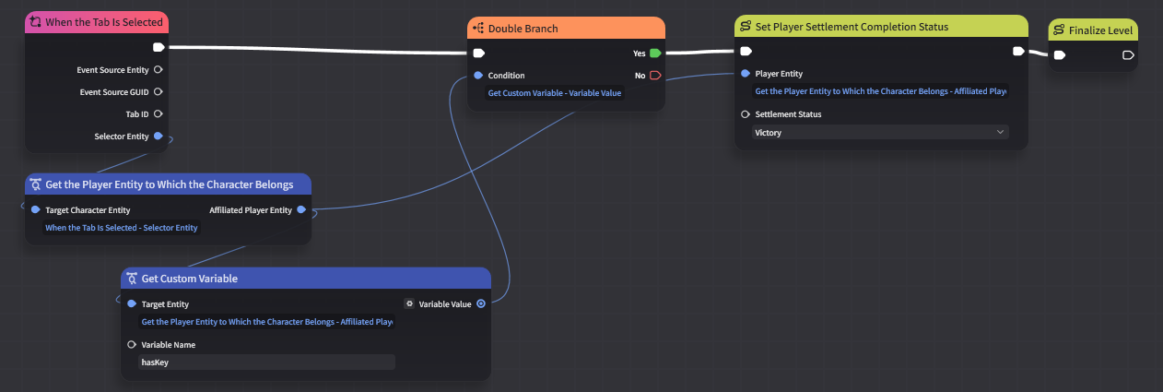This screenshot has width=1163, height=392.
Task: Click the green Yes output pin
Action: [x=655, y=53]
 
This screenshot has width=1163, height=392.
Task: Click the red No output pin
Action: [x=655, y=76]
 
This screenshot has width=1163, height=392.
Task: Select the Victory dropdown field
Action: [x=880, y=133]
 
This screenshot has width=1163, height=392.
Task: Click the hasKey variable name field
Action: [x=267, y=362]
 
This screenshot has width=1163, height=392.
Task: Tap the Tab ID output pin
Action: [x=159, y=113]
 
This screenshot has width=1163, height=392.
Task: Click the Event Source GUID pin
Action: [x=159, y=91]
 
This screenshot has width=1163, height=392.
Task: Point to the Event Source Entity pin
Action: [x=159, y=70]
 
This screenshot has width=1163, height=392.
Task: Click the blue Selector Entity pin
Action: [x=159, y=137]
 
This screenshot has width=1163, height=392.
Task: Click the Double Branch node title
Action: [x=523, y=29]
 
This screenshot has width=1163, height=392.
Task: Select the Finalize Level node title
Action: [x=1100, y=30]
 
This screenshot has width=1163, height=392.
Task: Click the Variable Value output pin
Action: [x=481, y=303]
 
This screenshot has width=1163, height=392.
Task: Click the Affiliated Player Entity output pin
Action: [x=301, y=210]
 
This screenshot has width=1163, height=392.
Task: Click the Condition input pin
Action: [x=478, y=76]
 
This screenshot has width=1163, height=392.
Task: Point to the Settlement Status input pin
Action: [x=746, y=113]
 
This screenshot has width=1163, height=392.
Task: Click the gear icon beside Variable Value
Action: [x=410, y=303]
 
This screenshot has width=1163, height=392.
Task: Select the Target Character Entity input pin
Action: [x=35, y=210]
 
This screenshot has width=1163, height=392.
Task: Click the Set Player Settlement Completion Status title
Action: [x=852, y=27]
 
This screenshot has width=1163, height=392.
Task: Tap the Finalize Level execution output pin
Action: [x=1128, y=55]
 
